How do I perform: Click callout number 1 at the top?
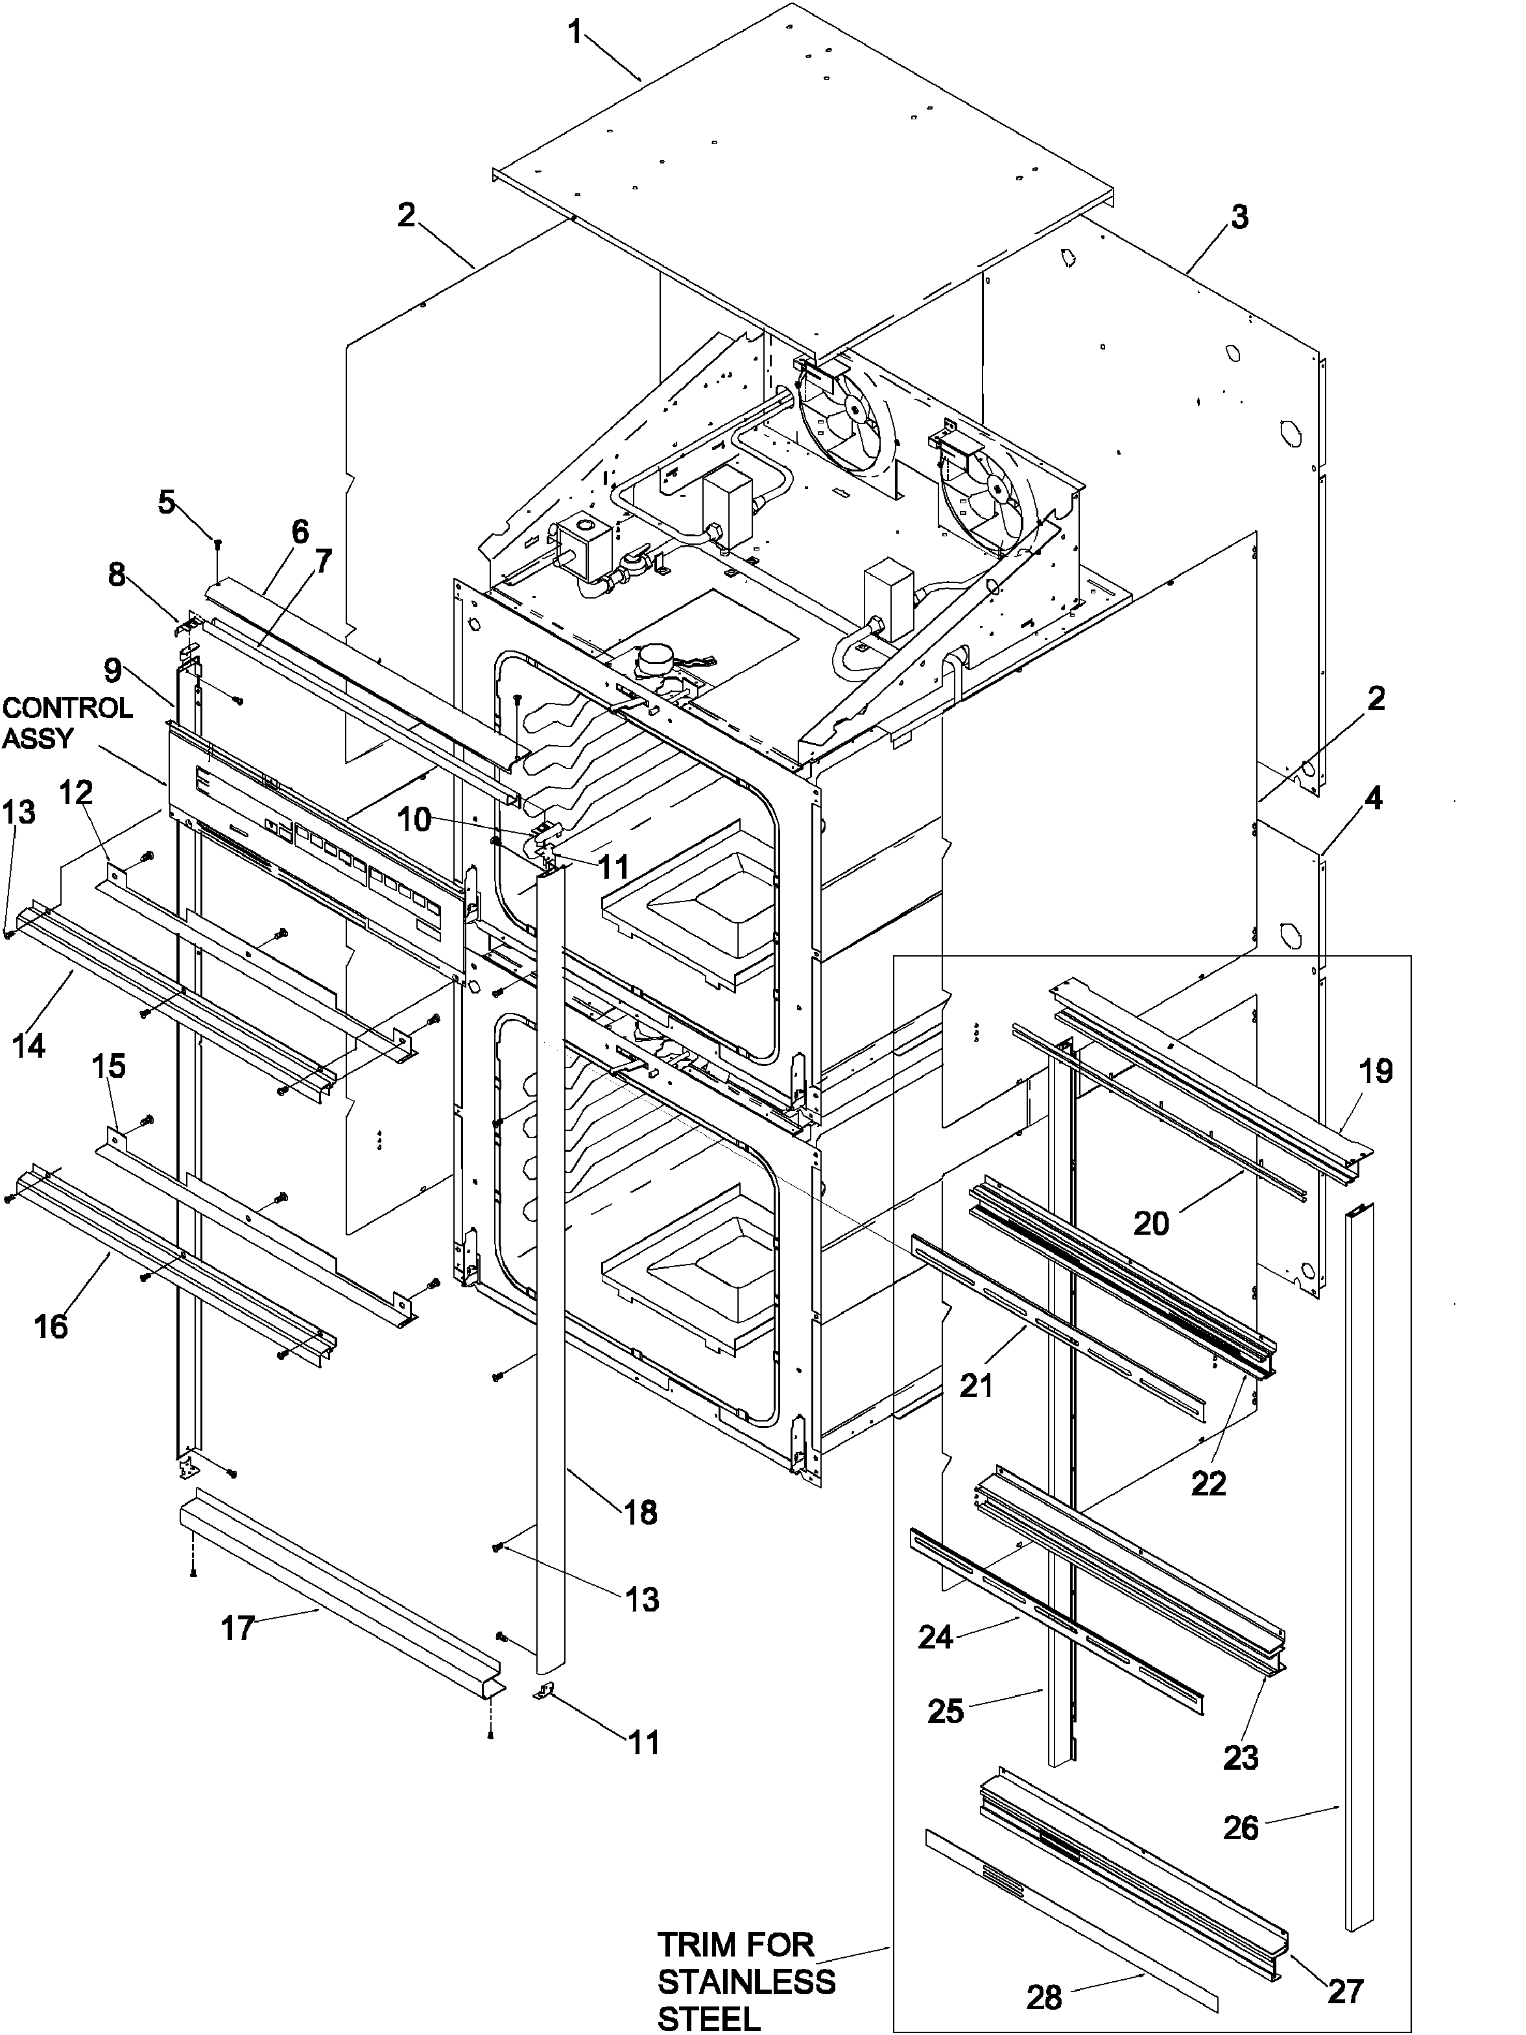[574, 33]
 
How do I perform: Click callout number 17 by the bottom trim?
[237, 1628]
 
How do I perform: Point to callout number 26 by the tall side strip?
[1240, 1826]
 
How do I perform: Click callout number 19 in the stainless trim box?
[1376, 1071]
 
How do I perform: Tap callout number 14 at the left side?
[29, 1045]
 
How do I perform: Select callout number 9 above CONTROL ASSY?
[112, 670]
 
